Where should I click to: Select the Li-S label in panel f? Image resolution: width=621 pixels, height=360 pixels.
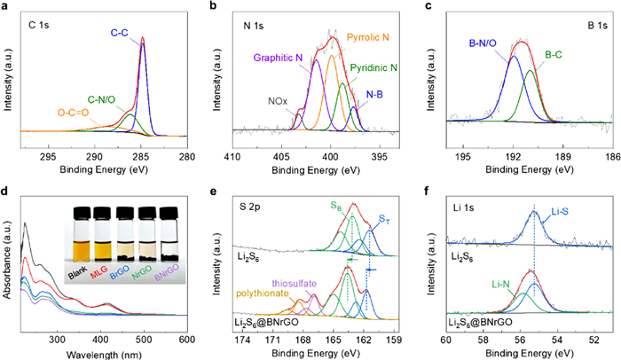pos(562,215)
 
